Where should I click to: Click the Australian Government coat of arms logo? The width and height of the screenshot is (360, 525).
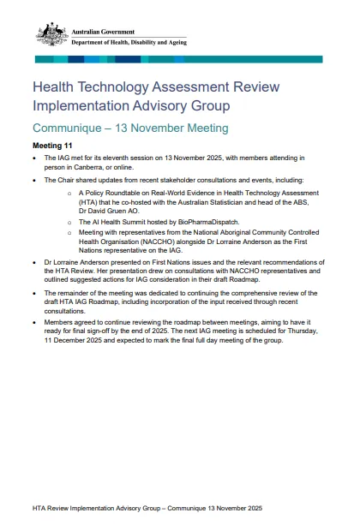(51, 34)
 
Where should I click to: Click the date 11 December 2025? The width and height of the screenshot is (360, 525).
(80, 341)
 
